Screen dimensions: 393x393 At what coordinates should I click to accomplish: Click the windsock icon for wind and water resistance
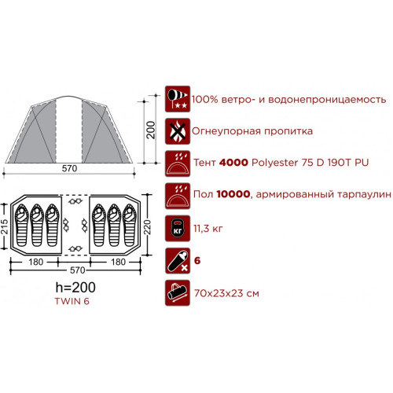(x=178, y=99)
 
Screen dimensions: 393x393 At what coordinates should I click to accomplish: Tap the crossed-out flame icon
(x=178, y=131)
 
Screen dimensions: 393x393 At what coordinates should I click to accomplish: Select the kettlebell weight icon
(x=178, y=229)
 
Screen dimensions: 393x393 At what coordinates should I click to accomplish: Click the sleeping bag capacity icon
(x=178, y=261)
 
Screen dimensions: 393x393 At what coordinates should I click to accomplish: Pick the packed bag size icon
(x=178, y=293)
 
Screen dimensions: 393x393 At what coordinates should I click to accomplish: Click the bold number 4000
(x=233, y=163)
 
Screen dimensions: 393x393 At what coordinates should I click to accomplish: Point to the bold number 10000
(x=233, y=194)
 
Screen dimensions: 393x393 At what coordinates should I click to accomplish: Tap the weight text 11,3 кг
(x=208, y=229)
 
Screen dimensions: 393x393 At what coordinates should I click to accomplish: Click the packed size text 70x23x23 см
(x=226, y=293)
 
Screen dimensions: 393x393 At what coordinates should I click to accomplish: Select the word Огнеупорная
(x=226, y=131)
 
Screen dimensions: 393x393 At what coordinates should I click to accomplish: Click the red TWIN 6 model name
(x=72, y=301)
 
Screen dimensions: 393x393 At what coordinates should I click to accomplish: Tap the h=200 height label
(x=75, y=288)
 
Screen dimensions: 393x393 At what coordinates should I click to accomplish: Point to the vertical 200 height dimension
(x=151, y=130)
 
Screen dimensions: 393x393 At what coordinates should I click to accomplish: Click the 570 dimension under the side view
(x=69, y=168)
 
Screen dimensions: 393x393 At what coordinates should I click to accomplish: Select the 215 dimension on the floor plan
(x=5, y=226)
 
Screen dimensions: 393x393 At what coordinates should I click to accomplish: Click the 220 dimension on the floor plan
(x=148, y=227)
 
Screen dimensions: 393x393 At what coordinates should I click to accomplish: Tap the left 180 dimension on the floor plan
(x=36, y=262)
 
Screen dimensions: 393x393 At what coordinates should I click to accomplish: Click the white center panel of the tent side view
(x=69, y=130)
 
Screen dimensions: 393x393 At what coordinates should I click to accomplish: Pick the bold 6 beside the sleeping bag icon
(x=197, y=261)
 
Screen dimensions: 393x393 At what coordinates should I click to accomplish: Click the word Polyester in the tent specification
(x=275, y=163)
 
